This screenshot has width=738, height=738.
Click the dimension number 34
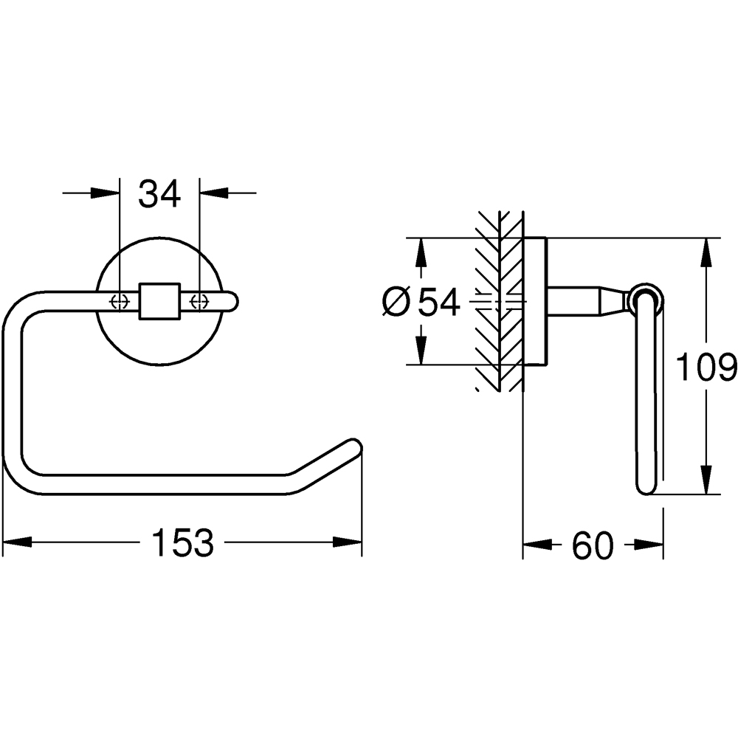click(160, 194)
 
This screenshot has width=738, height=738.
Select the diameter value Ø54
click(423, 302)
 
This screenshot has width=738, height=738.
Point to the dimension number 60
click(593, 545)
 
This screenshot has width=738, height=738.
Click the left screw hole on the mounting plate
click(119, 301)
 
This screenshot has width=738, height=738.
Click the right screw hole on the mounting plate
click(199, 301)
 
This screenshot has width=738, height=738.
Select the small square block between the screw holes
click(159, 301)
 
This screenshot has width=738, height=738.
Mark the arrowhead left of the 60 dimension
click(538, 545)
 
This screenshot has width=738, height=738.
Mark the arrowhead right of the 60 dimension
click(649, 545)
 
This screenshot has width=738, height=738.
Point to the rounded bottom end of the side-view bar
click(646, 487)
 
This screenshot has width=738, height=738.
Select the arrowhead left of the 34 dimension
click(104, 194)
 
